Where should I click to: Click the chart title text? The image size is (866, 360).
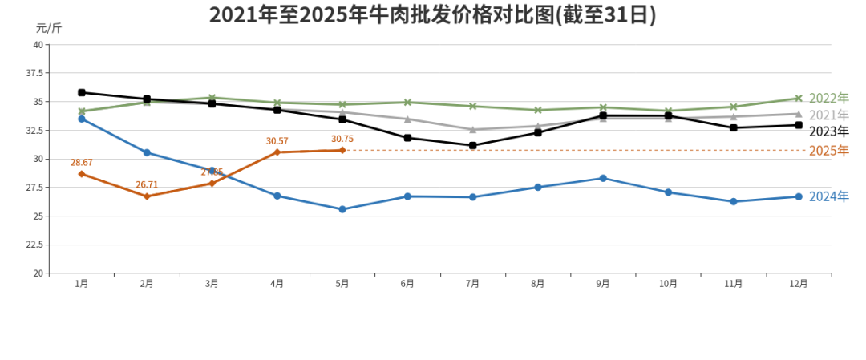(432, 15)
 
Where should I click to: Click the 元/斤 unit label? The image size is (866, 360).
(48, 28)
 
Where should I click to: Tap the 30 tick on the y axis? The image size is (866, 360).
(38, 159)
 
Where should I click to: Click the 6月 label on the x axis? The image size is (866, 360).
(407, 284)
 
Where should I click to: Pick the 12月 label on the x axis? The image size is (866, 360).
(798, 284)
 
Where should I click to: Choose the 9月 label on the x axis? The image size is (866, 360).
(602, 284)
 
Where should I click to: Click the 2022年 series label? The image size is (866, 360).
(828, 99)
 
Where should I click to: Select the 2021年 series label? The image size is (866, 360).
(828, 115)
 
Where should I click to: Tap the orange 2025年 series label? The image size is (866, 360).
(828, 151)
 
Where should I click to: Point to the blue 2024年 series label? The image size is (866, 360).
(828, 196)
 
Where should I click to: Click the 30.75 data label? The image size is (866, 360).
(342, 140)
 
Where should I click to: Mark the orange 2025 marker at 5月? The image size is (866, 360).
(342, 150)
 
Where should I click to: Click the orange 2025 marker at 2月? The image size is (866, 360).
(147, 196)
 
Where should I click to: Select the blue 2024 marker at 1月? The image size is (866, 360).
(82, 119)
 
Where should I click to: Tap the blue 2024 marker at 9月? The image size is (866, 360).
(603, 178)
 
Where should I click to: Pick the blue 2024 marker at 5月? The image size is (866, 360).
(342, 209)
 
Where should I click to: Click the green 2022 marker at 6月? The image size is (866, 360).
(407, 103)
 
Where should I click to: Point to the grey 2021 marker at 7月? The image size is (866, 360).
(472, 129)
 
